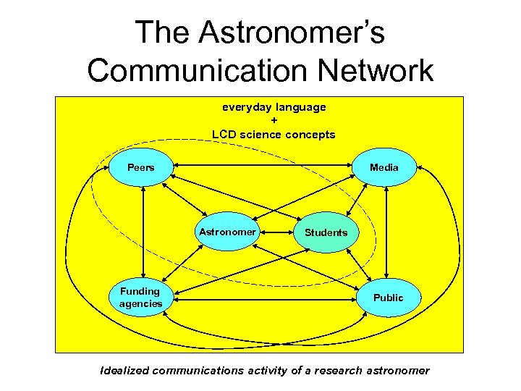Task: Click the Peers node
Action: point(141,168)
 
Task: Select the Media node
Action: point(384,168)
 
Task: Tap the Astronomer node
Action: point(227,232)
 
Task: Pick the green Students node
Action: point(326,233)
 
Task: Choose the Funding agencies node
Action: point(140,298)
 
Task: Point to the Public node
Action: point(388,298)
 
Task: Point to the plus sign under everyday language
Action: point(274,120)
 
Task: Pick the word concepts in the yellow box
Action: point(310,134)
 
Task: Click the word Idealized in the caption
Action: point(125,371)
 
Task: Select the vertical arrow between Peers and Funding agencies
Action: point(144,232)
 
